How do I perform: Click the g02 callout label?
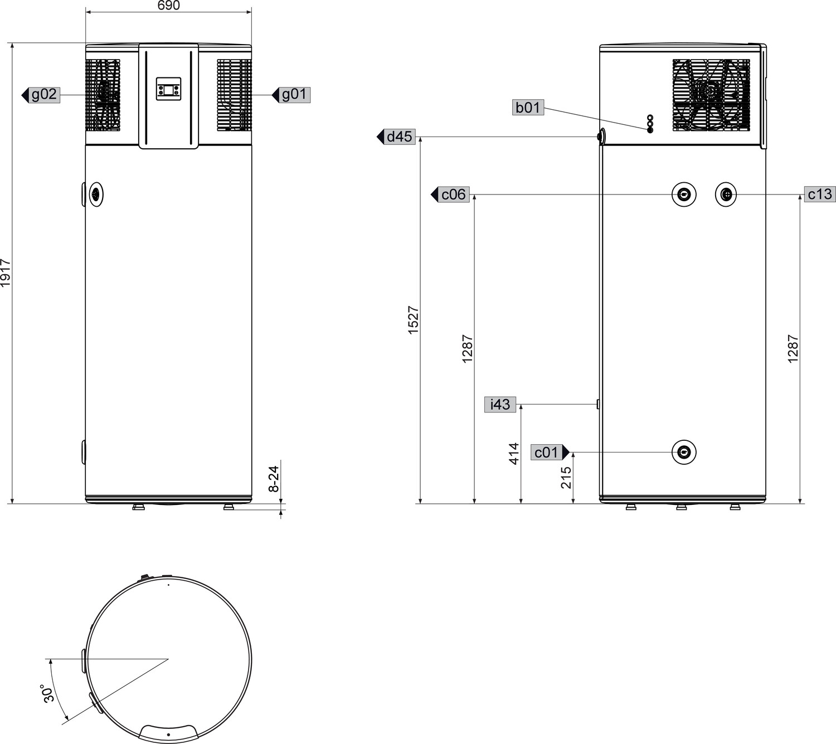(41, 95)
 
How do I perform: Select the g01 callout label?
(291, 95)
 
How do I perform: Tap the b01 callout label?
(528, 108)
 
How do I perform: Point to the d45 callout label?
(396, 137)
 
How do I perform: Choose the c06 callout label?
(450, 194)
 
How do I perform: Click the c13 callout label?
(820, 194)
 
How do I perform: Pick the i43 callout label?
(500, 405)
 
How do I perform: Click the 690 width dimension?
(169, 6)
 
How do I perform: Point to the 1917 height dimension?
(6, 273)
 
